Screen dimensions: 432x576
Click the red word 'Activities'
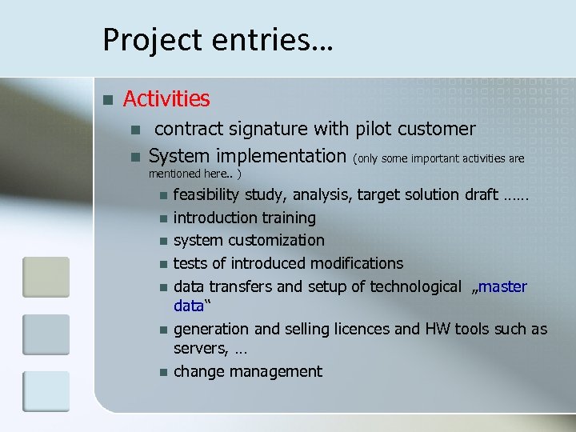pyautogui.click(x=166, y=99)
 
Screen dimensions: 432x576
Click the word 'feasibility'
pyautogui.click(x=206, y=194)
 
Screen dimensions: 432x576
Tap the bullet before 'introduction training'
pyautogui.click(x=163, y=218)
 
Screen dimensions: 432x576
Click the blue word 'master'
pyautogui.click(x=502, y=286)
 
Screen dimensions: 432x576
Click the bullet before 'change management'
pyautogui.click(x=163, y=372)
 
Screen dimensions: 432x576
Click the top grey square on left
pyautogui.click(x=46, y=277)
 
